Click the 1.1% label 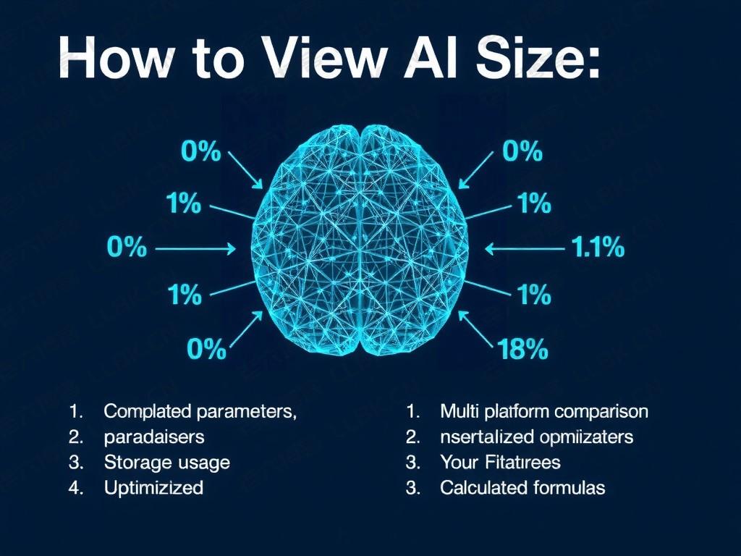click(x=598, y=248)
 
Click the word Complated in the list click(x=147, y=412)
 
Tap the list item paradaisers click(x=153, y=437)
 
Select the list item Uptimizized click(x=153, y=487)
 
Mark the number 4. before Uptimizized click(x=75, y=487)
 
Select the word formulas click(x=569, y=487)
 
